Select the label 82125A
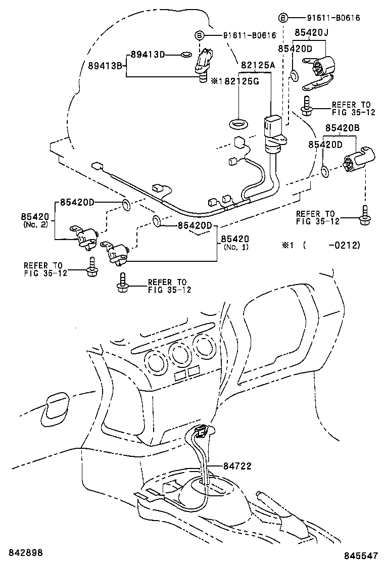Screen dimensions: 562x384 (258, 65)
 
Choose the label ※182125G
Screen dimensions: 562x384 (235, 81)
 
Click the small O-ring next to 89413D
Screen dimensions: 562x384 (186, 54)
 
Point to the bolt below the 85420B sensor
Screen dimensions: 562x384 (364, 217)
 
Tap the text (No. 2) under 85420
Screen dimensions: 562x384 (35, 224)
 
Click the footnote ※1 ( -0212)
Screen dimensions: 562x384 (320, 245)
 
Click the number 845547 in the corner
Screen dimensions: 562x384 (361, 555)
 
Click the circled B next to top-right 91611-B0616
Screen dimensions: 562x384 (283, 18)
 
